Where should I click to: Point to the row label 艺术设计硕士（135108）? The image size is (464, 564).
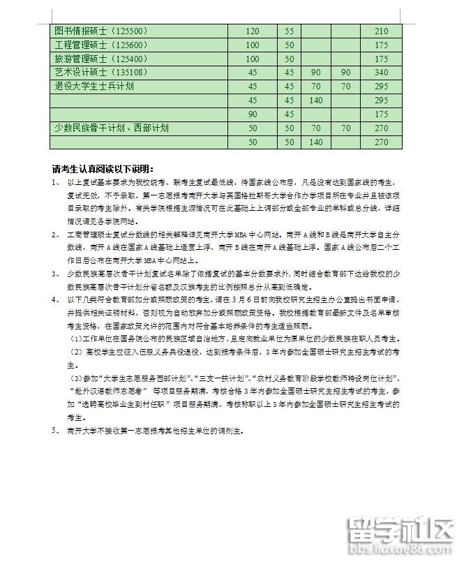[101, 73]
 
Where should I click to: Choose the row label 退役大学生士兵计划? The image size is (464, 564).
[94, 87]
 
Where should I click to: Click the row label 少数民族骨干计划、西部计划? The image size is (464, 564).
[112, 128]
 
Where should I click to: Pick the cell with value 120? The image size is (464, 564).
[253, 31]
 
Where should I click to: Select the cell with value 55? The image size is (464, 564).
[289, 31]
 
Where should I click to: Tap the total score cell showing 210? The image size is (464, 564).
[381, 31]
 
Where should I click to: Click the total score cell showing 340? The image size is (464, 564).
[381, 73]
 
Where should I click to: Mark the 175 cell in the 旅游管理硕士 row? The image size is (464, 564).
[381, 59]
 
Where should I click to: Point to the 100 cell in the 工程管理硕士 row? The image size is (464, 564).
[253, 45]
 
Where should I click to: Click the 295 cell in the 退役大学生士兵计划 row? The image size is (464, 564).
[381, 87]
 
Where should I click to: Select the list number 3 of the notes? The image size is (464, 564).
[55, 258]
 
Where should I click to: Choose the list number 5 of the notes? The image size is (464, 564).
[55, 431]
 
